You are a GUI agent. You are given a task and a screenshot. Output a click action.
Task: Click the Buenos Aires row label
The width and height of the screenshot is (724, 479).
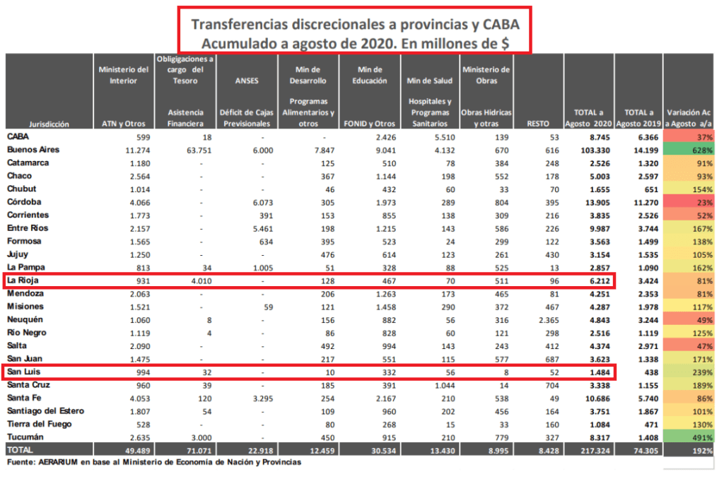(x=33, y=150)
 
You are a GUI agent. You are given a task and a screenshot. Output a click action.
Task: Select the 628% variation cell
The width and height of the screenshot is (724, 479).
(x=690, y=150)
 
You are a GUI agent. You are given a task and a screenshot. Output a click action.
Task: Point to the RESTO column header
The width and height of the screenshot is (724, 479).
(x=538, y=123)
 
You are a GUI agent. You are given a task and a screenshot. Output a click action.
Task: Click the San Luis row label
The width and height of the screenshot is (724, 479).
(x=23, y=372)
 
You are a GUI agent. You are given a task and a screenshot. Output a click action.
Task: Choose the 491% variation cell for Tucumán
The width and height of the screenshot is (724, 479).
(x=690, y=437)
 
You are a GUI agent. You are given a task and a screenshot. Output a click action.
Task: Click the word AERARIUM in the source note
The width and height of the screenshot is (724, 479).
(x=64, y=462)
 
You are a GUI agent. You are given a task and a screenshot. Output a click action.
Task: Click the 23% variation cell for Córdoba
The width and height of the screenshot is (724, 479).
(x=690, y=202)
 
